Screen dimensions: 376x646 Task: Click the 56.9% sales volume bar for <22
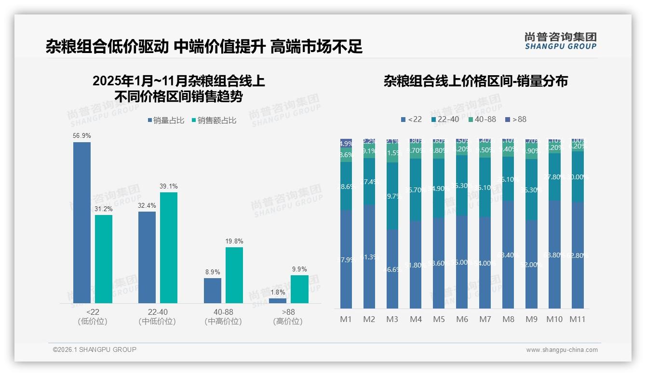coord(82,223)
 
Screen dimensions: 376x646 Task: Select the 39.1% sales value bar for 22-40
coord(169,248)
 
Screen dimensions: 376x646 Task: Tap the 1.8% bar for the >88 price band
coord(278,301)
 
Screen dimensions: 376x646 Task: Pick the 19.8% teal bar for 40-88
coord(234,275)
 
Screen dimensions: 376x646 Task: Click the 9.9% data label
coord(299,269)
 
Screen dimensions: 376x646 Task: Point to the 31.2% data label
coord(104,209)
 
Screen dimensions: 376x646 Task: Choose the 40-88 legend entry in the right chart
coord(482,119)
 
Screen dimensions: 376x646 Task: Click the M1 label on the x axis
coord(346,319)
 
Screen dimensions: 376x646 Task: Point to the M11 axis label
coord(578,319)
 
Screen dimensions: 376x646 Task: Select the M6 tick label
coord(462,319)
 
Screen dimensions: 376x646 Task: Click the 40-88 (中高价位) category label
coord(223,317)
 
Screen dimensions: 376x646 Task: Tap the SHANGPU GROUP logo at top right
coord(560,41)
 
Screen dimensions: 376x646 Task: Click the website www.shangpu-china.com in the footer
coord(562,350)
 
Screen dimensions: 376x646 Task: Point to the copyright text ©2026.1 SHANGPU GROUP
coord(94,349)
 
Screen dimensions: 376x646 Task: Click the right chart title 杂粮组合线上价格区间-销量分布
coord(475,81)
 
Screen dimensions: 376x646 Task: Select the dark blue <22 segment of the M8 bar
coord(508,255)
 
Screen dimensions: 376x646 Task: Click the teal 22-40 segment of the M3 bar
coord(392,196)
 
